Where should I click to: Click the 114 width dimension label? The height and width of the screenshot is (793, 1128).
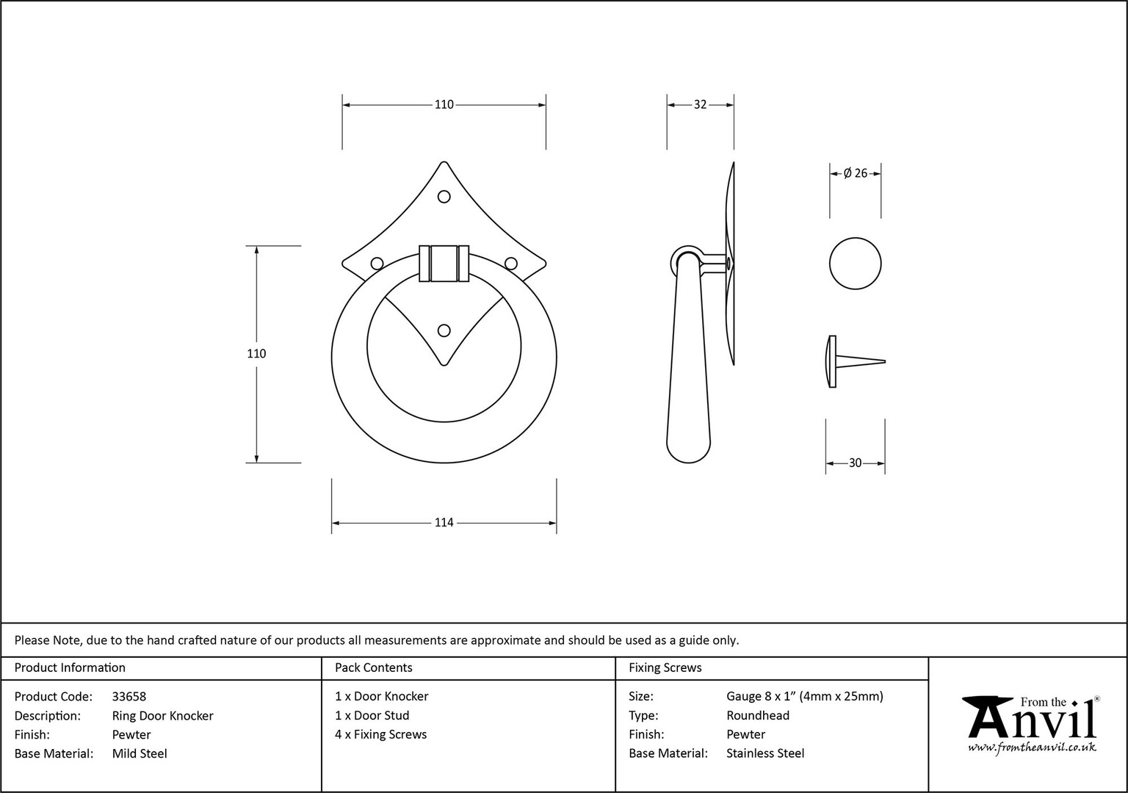(444, 523)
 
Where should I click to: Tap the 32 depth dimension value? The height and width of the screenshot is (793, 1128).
(700, 105)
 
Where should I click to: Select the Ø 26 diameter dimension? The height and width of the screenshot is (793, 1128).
(856, 173)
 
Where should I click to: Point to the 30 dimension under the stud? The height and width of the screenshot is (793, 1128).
(855, 463)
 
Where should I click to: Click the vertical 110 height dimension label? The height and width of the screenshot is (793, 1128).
(256, 353)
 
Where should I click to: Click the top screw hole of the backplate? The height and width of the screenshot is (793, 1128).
(444, 196)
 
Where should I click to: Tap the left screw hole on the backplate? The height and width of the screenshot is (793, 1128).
(377, 264)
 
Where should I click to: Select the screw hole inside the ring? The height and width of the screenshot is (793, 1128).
(444, 330)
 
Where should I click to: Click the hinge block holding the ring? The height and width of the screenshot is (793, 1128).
(444, 264)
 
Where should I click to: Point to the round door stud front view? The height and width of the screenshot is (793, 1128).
(855, 264)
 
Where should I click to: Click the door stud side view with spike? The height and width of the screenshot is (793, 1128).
(855, 361)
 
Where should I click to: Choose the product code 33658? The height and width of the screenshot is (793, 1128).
(129, 696)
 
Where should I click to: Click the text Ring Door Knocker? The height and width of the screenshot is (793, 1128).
(162, 715)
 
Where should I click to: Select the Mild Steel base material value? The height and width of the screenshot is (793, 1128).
(140, 753)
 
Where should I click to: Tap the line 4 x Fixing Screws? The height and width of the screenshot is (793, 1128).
(380, 734)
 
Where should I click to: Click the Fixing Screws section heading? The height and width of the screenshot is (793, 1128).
(665, 667)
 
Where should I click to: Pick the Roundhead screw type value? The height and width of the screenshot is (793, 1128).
(758, 715)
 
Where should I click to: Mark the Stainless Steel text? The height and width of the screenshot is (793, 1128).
(765, 753)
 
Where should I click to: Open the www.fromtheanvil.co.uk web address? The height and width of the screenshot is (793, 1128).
(1032, 747)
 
